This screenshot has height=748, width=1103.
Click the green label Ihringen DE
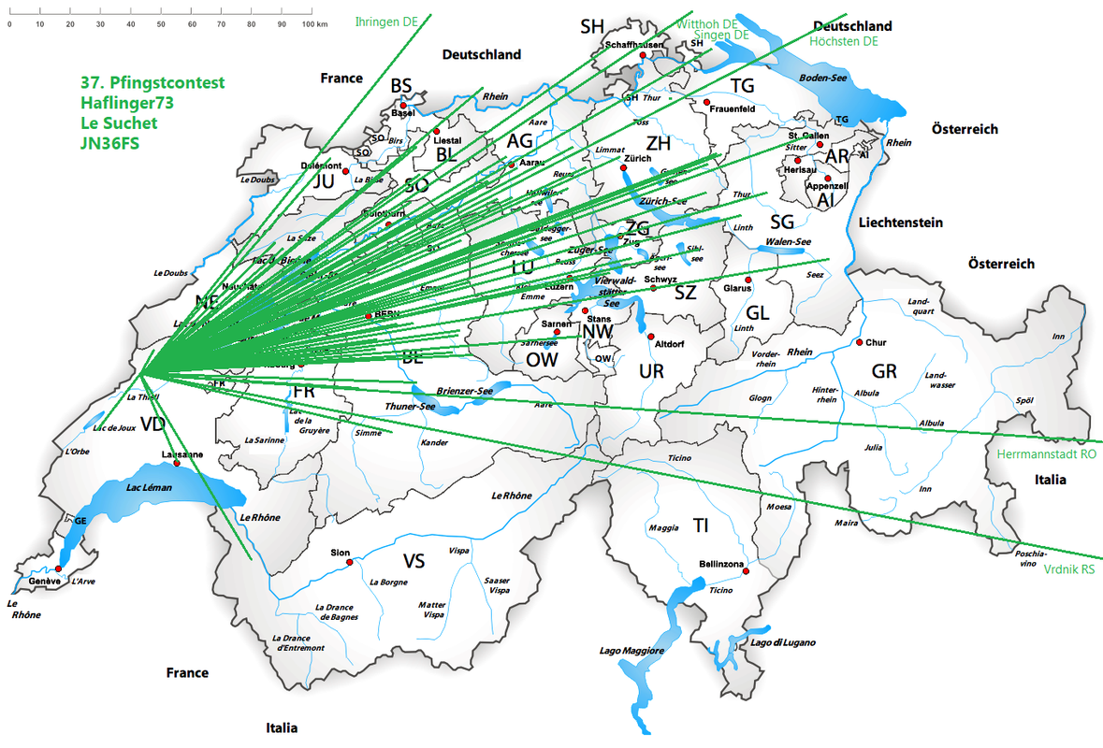pyautogui.click(x=386, y=22)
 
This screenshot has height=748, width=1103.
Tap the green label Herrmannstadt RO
pyautogui.click(x=1046, y=453)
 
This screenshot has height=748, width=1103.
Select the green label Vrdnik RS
pyautogui.click(x=1068, y=568)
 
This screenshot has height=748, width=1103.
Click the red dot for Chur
pyautogui.click(x=859, y=342)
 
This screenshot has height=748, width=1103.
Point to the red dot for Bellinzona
pyautogui.click(x=747, y=571)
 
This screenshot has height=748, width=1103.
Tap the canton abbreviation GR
pyautogui.click(x=884, y=371)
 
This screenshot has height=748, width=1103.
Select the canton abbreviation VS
pyautogui.click(x=414, y=561)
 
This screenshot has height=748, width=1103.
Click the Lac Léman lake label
pyautogui.click(x=150, y=488)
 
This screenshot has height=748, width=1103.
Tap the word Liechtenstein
pyautogui.click(x=900, y=223)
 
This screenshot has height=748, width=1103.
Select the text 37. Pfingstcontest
pyautogui.click(x=152, y=82)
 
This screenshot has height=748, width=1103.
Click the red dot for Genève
pyautogui.click(x=58, y=568)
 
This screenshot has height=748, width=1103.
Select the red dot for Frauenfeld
pyautogui.click(x=707, y=101)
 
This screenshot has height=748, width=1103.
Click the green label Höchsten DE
pyautogui.click(x=845, y=41)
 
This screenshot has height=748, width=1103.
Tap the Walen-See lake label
pyautogui.click(x=788, y=241)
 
